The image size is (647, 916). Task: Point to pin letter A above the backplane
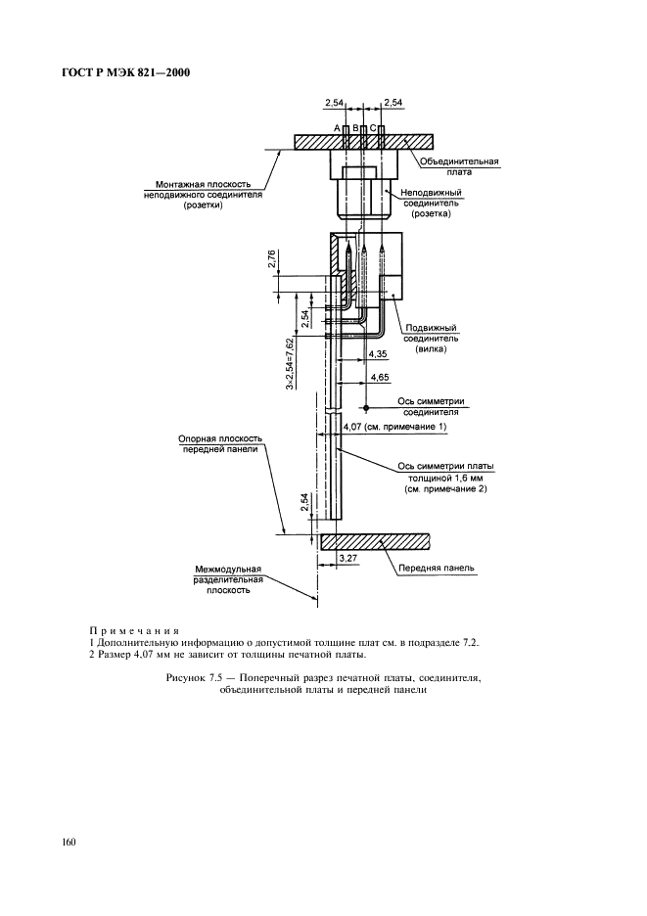(336, 128)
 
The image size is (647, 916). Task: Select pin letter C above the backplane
(372, 128)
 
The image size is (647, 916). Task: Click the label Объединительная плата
(460, 165)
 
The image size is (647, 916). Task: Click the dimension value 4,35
(375, 355)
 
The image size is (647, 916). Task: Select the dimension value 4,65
(376, 377)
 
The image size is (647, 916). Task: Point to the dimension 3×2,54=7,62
(291, 363)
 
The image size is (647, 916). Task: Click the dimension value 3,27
(347, 557)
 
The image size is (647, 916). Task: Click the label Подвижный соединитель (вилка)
(431, 338)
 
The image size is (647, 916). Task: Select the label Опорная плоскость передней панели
(217, 444)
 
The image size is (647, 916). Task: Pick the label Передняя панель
(437, 567)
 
